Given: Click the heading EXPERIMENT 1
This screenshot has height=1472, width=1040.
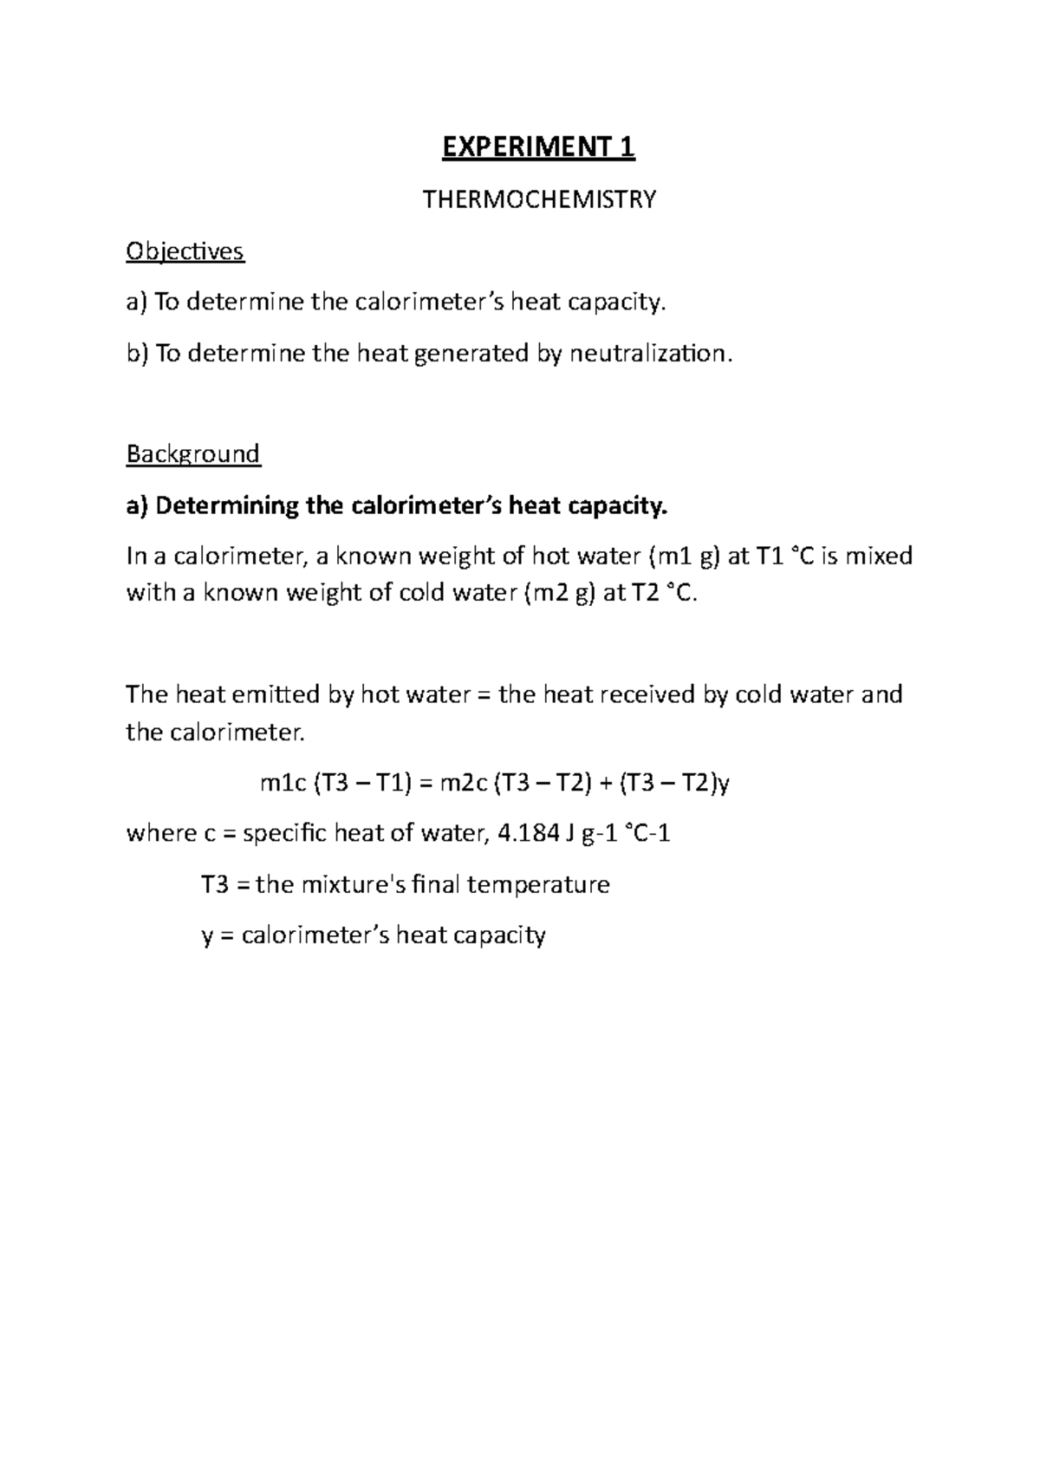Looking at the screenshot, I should pyautogui.click(x=538, y=148).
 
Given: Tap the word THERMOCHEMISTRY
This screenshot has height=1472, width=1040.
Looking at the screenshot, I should pyautogui.click(x=538, y=200).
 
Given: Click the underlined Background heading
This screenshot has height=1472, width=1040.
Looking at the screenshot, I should pyautogui.click(x=192, y=454).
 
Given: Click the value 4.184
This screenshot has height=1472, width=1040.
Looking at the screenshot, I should pyautogui.click(x=523, y=834).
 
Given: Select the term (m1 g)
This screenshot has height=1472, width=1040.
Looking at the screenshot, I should pyautogui.click(x=684, y=556).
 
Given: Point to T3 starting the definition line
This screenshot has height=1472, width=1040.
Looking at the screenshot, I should pyautogui.click(x=215, y=885).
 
